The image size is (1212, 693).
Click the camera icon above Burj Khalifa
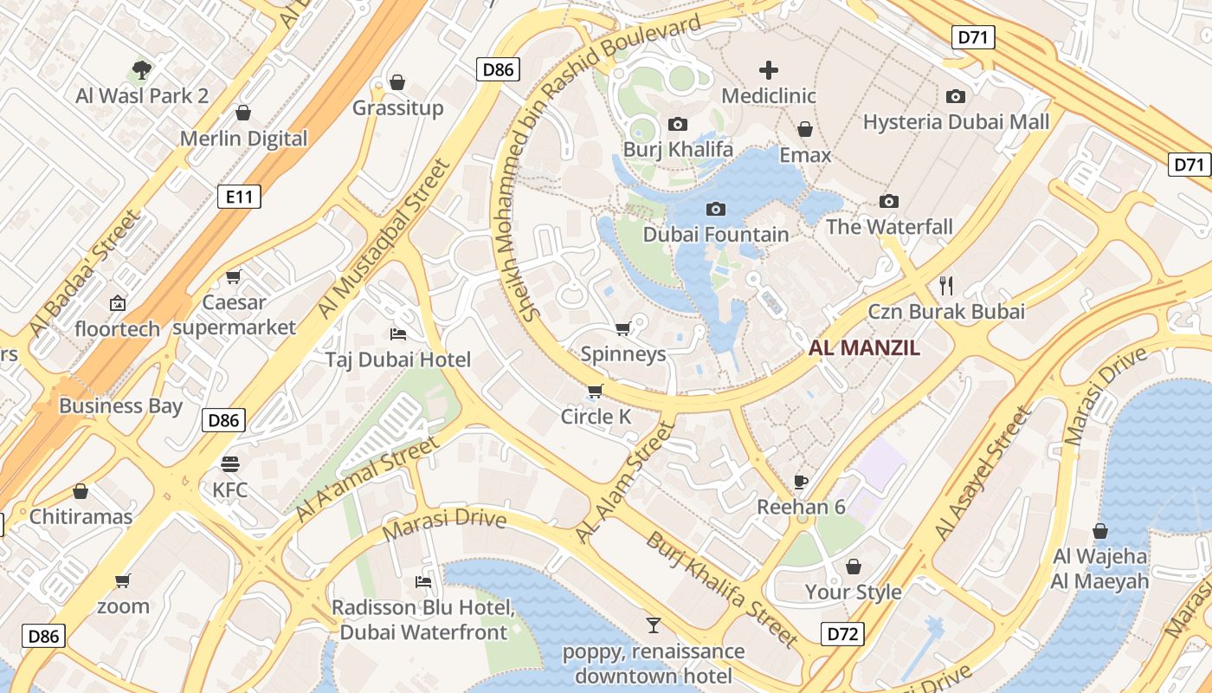[678, 124]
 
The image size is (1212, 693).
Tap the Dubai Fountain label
[716, 235]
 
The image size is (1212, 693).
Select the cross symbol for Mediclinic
[769, 70]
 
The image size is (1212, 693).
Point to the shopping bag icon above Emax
[805, 129]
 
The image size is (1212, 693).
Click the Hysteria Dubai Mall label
[956, 122]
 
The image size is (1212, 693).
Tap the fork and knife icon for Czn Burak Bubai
[946, 285]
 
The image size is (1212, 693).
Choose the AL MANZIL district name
[864, 349]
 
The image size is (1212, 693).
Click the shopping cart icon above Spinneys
[622, 328]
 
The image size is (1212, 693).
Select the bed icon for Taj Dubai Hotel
[398, 334]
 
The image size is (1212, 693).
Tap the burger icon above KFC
[229, 463]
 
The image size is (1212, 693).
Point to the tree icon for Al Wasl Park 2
[142, 69]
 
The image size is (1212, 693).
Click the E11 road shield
[238, 197]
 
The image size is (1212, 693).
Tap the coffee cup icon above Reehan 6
[801, 481]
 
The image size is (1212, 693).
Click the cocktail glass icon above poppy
[654, 625]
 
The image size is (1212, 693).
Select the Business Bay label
[120, 406]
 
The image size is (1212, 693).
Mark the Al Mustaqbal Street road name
[384, 239]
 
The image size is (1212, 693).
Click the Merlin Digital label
[243, 139]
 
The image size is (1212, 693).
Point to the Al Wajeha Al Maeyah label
[1100, 568]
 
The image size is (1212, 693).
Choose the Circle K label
[596, 417]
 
